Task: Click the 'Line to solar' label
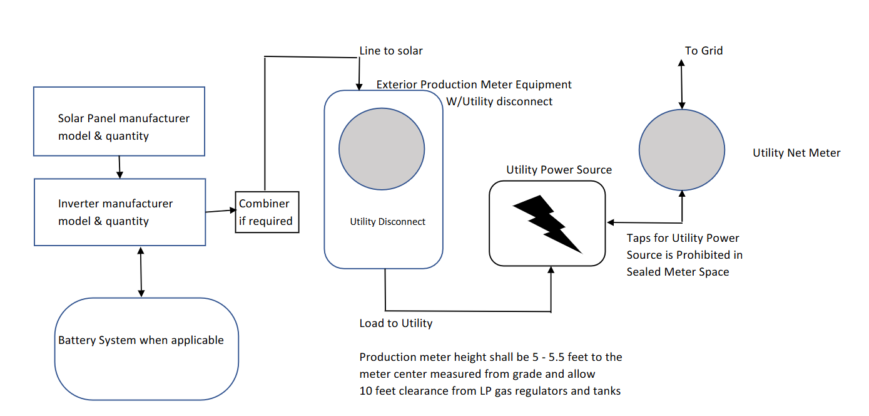(391, 51)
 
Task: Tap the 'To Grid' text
(704, 51)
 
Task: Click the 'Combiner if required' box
(267, 212)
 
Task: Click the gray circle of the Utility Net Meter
(681, 150)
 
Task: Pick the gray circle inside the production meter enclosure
(382, 149)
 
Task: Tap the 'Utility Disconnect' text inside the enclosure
(387, 222)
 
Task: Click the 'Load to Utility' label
(395, 323)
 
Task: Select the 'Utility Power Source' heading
(559, 170)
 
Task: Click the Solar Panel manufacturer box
(119, 121)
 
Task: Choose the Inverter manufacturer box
(119, 212)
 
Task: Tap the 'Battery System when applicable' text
(141, 340)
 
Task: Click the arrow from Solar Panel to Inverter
(119, 167)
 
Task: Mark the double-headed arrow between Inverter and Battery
(141, 271)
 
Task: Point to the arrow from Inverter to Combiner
(220, 211)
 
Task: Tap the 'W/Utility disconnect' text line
(499, 101)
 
